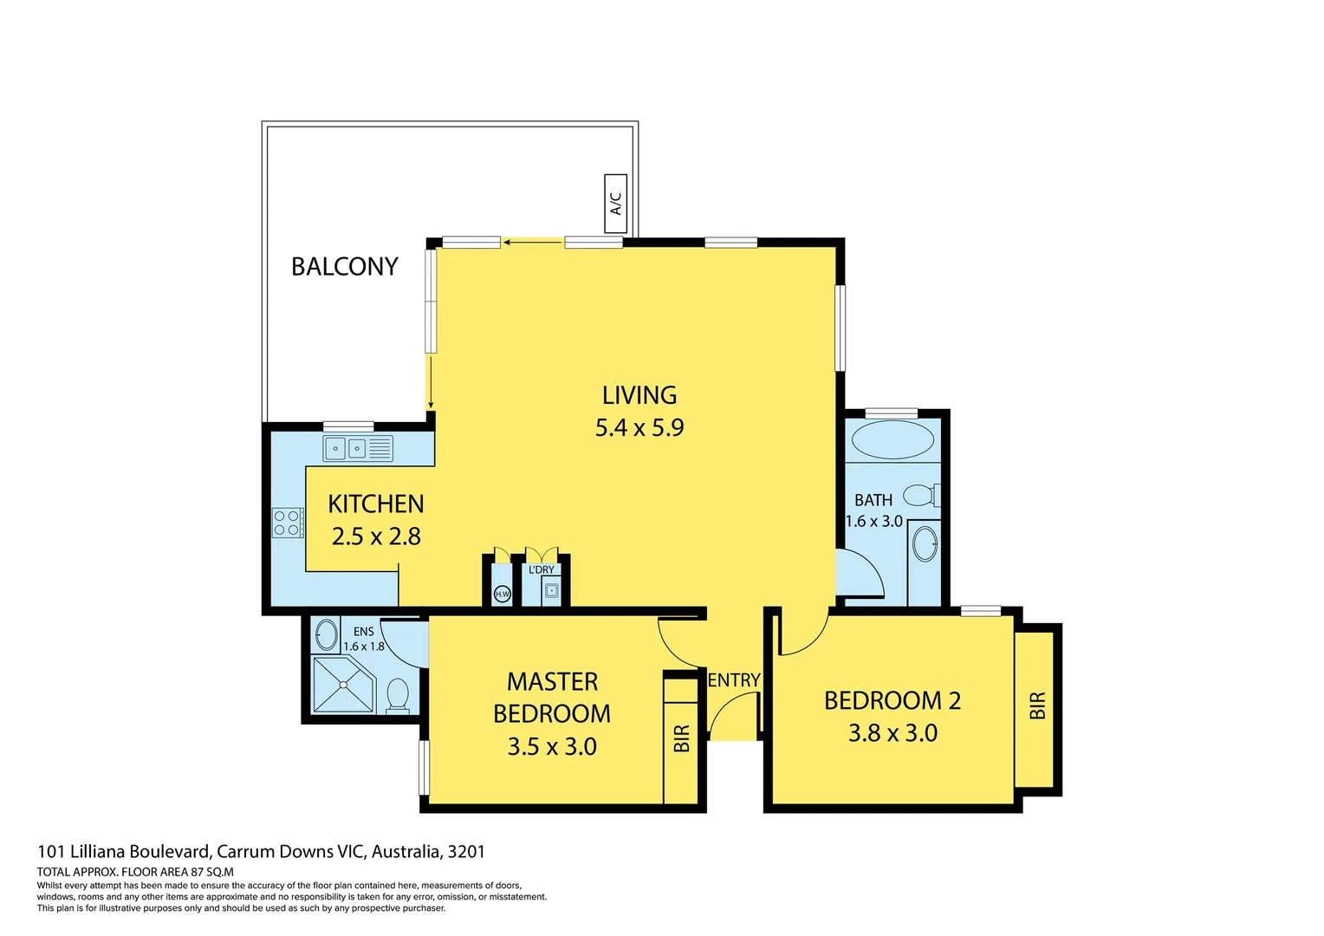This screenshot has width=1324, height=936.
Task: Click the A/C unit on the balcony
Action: click(x=615, y=204)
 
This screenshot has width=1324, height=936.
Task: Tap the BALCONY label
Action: click(x=344, y=266)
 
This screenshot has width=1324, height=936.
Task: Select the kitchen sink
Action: click(x=346, y=448)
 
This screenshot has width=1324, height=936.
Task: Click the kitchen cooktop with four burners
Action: click(x=287, y=523)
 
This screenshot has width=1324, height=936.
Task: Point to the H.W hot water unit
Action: click(x=502, y=594)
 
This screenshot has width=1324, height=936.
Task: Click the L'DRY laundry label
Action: click(x=542, y=569)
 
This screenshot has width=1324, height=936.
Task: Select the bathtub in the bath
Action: click(x=892, y=439)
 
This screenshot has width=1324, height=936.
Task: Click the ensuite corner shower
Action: click(x=342, y=684)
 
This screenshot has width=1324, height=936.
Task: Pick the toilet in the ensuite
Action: click(x=398, y=695)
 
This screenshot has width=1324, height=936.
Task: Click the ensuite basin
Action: click(x=326, y=635)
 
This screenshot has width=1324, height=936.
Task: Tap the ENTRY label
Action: click(x=734, y=680)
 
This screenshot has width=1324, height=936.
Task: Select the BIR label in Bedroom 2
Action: click(x=1037, y=705)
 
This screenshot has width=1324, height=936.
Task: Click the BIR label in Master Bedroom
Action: click(x=681, y=738)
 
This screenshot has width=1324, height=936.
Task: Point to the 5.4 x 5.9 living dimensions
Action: click(x=639, y=427)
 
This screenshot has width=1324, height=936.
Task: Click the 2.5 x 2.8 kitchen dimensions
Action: click(x=376, y=536)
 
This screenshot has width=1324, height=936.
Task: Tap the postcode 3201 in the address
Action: click(x=466, y=851)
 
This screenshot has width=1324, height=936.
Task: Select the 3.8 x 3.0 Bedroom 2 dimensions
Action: click(x=892, y=733)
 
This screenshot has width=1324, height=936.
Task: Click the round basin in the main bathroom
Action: click(x=925, y=544)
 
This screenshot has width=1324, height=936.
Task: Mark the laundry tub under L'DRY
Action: click(x=551, y=591)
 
